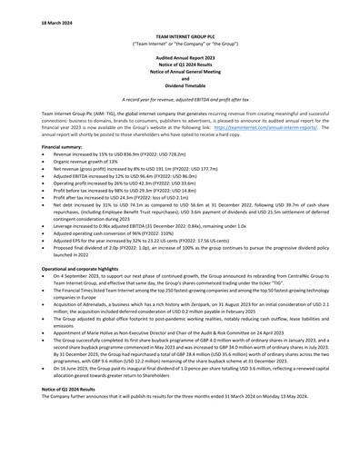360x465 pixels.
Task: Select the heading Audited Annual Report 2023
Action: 180,56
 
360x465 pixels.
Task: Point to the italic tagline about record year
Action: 180,98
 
